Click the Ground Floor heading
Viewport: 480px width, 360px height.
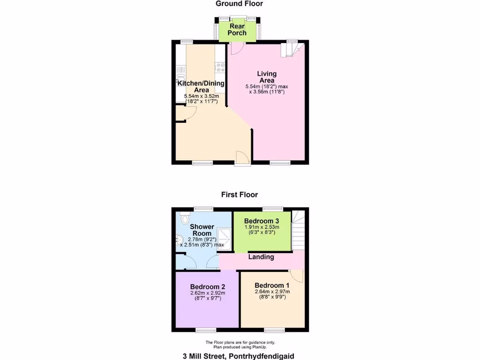239,4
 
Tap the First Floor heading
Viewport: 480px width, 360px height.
240,195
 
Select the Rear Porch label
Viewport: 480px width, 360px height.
237,30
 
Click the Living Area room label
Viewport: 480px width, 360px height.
267,77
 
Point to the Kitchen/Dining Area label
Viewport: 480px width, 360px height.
201,86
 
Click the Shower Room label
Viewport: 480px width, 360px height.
202,230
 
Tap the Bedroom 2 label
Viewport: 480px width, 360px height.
208,287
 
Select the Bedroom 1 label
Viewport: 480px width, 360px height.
272,285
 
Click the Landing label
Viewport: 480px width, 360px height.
262,257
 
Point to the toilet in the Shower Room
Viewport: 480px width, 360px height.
184,218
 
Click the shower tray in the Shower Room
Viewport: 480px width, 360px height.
224,238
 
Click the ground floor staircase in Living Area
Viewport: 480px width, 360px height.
291,49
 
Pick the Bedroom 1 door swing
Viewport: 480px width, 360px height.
297,277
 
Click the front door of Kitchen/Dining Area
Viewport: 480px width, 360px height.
243,158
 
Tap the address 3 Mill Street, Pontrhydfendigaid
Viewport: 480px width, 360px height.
239,356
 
